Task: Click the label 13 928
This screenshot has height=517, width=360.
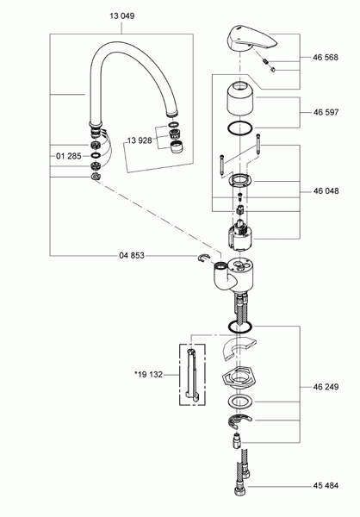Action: coord(140,140)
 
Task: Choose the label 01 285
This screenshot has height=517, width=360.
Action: coord(69,157)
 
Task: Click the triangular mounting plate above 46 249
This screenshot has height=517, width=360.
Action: coord(240,379)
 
